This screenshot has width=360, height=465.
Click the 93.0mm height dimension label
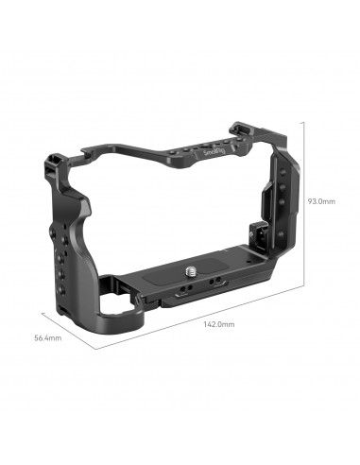321,200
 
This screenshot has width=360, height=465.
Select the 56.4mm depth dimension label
46,337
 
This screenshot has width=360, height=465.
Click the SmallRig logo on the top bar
214,151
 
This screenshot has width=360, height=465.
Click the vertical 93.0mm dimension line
301,200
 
